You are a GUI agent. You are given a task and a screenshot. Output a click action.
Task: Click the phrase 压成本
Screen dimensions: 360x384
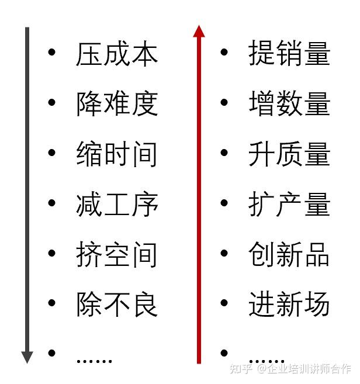pos(117,54)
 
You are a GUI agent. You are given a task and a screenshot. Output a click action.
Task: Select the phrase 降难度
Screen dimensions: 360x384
pos(117,104)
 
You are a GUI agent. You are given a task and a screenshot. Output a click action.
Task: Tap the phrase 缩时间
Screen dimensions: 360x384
pos(117,154)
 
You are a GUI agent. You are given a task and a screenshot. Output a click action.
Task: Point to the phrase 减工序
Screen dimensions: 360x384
pos(117,205)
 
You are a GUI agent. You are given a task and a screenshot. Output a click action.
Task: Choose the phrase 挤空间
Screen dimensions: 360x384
pos(117,255)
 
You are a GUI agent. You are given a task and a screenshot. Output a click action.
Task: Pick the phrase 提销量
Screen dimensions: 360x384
pos(289,54)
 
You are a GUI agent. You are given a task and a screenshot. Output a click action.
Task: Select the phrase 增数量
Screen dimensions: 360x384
pos(289,104)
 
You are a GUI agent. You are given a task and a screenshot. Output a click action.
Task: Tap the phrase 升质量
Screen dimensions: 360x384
pos(289,154)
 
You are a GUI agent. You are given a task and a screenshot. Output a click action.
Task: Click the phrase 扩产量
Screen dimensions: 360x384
pos(289,205)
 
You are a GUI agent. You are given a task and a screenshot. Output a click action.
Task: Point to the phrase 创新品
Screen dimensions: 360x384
pos(289,255)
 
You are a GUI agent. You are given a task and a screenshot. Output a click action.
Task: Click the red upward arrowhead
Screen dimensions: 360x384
pos(199,31)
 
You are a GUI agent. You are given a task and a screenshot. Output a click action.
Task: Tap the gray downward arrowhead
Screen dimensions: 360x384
pos(27,357)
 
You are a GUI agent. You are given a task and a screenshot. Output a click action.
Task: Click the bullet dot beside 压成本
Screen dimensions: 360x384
pos(52,53)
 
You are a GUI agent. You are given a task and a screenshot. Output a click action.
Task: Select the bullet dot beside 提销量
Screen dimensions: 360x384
pos(224,53)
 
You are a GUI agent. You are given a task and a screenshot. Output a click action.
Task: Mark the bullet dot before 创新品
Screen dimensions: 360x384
pos(224,254)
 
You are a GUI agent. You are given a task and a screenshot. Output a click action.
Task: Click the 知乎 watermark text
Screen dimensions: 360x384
pos(241,369)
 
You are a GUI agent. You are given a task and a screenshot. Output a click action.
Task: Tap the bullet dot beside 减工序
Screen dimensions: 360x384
pos(52,203)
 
